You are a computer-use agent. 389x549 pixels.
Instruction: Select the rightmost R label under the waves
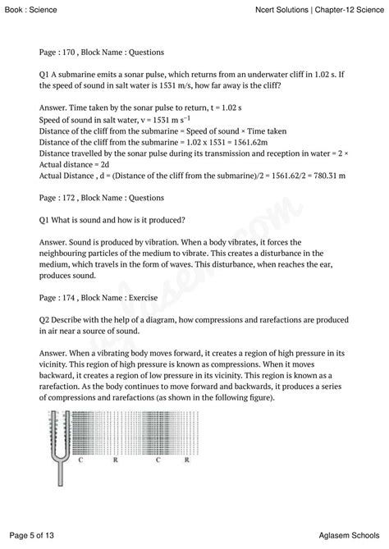point(188,461)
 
